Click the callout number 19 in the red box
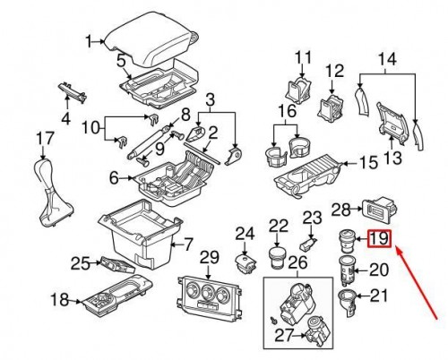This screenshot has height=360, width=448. (379, 239)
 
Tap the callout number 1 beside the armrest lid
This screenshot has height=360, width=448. (90, 40)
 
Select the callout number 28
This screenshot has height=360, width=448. (340, 210)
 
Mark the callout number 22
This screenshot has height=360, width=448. (280, 225)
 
